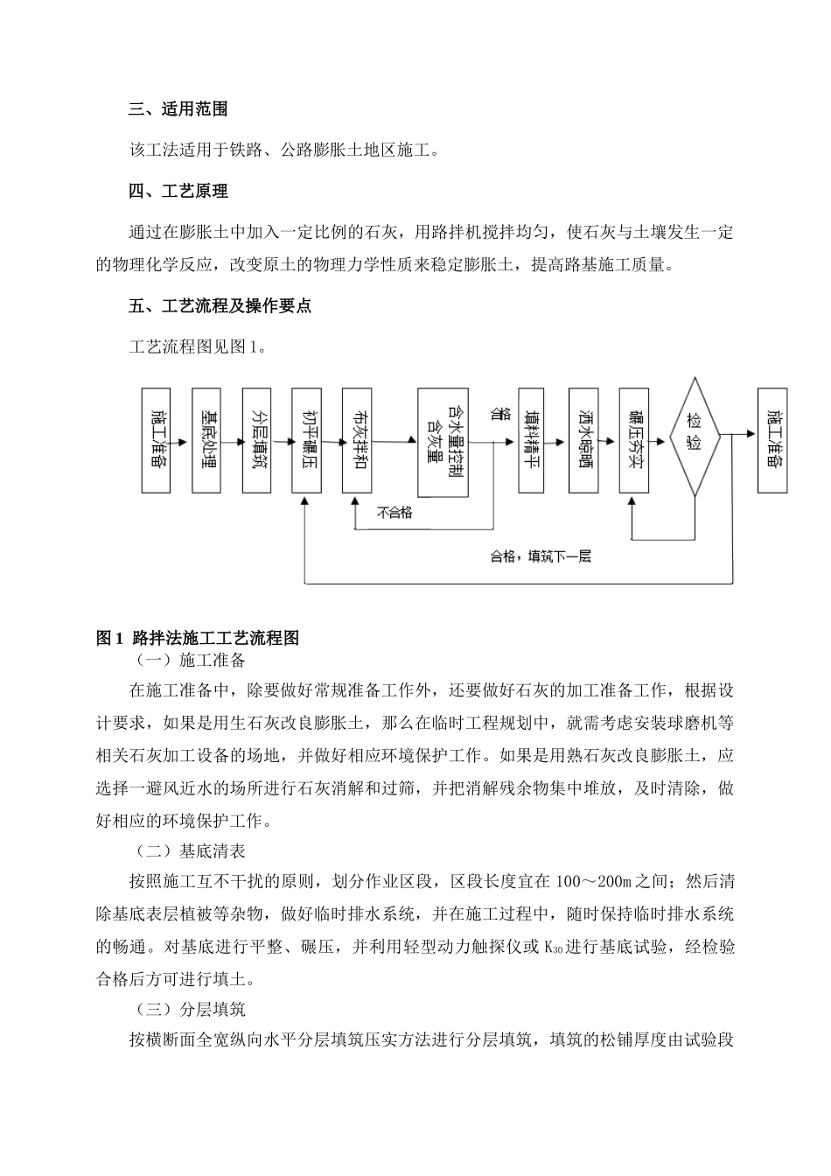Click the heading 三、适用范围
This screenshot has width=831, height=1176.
click(178, 109)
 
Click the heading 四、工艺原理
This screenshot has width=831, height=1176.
click(178, 191)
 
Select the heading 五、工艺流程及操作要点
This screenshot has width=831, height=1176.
click(220, 306)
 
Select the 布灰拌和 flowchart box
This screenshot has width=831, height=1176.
click(358, 439)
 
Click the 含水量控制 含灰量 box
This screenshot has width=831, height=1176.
click(443, 439)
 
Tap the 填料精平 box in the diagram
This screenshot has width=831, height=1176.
click(531, 439)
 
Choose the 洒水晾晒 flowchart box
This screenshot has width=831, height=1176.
click(581, 439)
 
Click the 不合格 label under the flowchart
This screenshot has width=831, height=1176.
click(395, 513)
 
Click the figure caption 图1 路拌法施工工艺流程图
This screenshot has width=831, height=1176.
click(198, 639)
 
